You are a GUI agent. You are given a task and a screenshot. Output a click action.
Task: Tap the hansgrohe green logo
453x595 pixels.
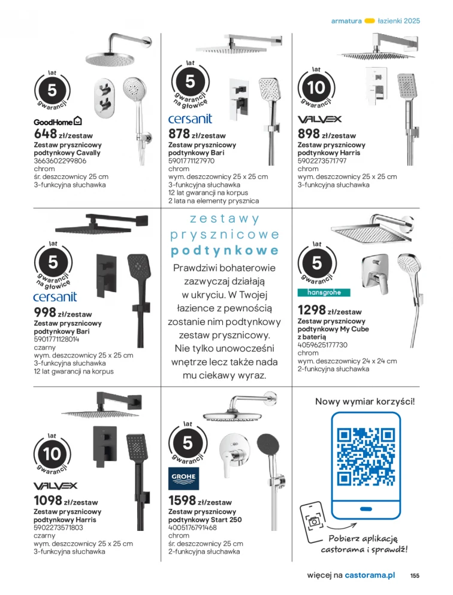coord(324,292)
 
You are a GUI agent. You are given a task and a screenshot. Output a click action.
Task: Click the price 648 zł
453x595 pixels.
coord(46,134)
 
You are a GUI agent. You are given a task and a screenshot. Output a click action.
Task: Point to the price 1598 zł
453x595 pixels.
coord(183,501)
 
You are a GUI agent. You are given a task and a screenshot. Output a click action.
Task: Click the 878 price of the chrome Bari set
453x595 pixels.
coord(179,134)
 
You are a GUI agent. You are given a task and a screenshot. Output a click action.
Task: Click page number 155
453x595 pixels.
coord(415,575)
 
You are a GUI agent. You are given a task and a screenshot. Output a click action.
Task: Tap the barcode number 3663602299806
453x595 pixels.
coord(60,161)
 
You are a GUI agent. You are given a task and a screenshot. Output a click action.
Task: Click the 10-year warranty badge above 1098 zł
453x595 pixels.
coord(52,453)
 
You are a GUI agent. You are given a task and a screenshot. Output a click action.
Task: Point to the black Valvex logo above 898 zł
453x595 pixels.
coord(319,119)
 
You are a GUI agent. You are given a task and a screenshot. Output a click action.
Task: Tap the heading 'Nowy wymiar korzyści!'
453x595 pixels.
coord(364,402)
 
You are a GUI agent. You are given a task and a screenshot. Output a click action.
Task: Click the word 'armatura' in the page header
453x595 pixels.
coord(346,20)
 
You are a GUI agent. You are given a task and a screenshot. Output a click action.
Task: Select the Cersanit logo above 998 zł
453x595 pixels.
coord(55,296)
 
